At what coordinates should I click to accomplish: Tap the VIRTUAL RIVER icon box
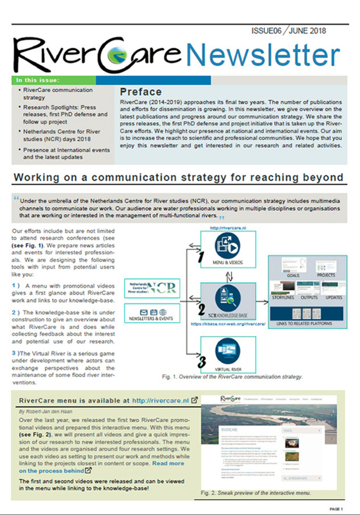pos(225,355)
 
